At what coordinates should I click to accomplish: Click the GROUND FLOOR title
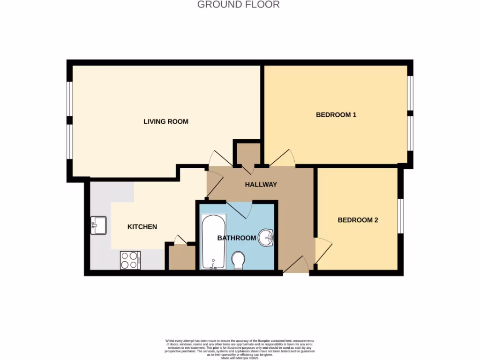pos(238,5)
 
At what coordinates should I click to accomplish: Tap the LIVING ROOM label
pos(165,121)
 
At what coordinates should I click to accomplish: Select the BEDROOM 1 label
pos(336,114)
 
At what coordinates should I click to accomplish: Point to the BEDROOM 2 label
pos(358,220)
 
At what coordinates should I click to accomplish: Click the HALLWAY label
pos(261,184)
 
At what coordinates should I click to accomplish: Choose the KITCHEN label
pos(142,226)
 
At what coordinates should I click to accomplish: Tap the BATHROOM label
pos(236,238)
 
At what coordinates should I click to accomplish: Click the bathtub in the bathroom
pos(213,242)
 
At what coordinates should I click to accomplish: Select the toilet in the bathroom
pos(239,260)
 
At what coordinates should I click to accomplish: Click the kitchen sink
pos(99,225)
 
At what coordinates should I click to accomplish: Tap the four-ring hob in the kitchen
pos(130,260)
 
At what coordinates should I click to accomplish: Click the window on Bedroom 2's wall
pos(401,216)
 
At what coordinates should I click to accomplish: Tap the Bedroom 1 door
pos(282,158)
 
